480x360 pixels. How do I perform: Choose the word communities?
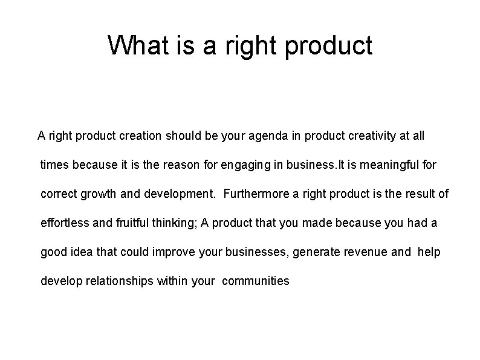256,281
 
